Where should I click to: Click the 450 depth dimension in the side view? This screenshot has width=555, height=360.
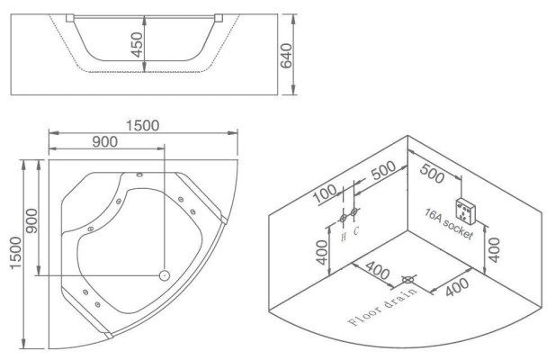(x=137, y=44)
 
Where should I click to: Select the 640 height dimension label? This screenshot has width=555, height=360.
(x=286, y=55)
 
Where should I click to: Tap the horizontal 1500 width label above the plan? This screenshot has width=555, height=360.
(x=143, y=125)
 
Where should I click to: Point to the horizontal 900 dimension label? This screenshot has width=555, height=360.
(x=104, y=141)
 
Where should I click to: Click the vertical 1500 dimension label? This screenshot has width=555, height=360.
(x=15, y=253)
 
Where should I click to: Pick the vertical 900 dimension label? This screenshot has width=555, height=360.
(x=31, y=220)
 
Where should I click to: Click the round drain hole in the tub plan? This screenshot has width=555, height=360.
(x=165, y=275)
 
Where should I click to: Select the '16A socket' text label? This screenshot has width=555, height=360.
(x=449, y=224)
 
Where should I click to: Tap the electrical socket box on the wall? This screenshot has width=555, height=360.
(x=466, y=211)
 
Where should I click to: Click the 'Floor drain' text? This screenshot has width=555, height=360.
(x=382, y=307)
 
